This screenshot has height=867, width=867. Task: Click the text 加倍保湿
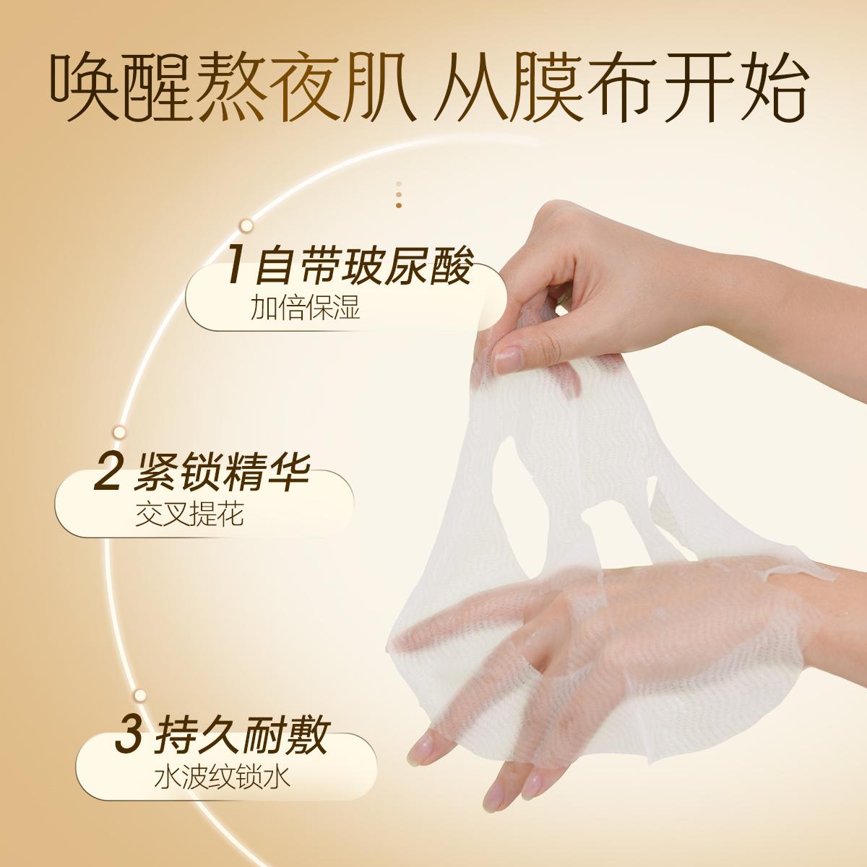(305, 307)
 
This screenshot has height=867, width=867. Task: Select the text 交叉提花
(189, 514)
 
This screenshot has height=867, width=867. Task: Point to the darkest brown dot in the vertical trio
(399, 205)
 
